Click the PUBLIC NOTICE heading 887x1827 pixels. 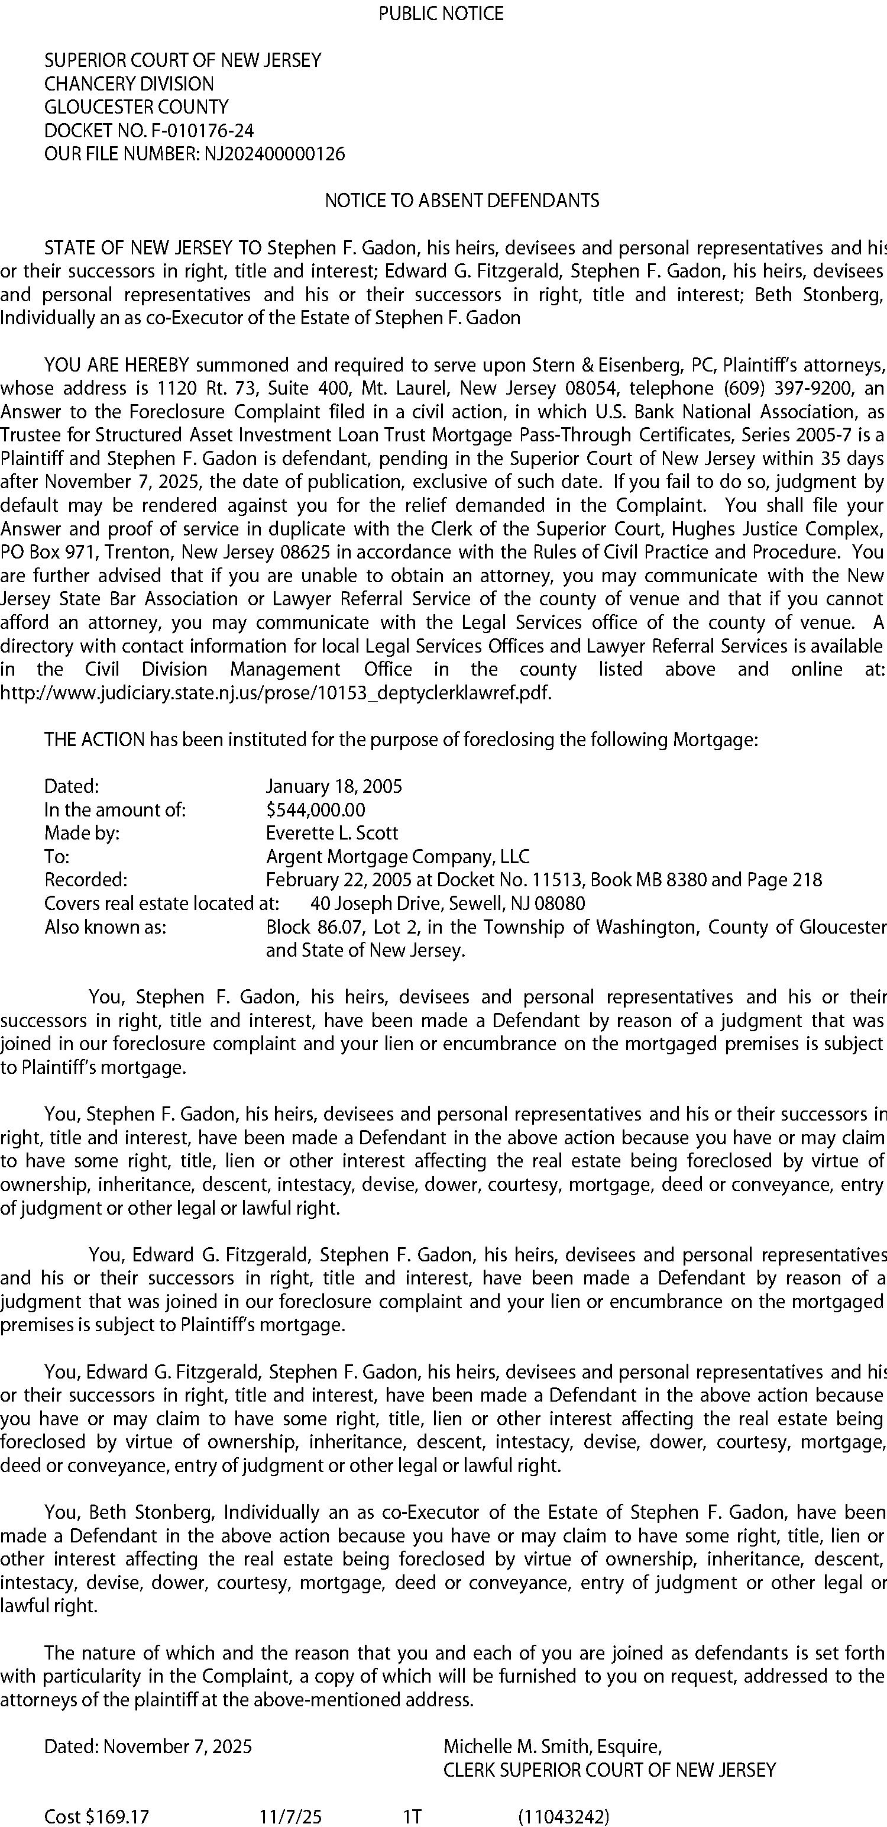tap(441, 14)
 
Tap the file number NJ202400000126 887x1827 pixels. tap(274, 154)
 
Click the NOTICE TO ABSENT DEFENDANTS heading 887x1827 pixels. tap(462, 201)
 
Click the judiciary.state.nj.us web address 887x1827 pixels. tap(275, 692)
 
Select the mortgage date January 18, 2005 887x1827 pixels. tap(334, 786)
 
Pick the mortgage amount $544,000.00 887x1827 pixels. tap(316, 809)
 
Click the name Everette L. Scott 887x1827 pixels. tap(332, 832)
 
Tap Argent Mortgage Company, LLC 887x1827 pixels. tap(397, 856)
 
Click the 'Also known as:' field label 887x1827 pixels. tap(105, 927)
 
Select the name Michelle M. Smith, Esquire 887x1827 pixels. tap(552, 1745)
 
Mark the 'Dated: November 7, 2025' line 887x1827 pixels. tap(147, 1745)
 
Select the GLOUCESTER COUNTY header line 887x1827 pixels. tap(136, 107)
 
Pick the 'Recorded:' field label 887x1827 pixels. tap(86, 879)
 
